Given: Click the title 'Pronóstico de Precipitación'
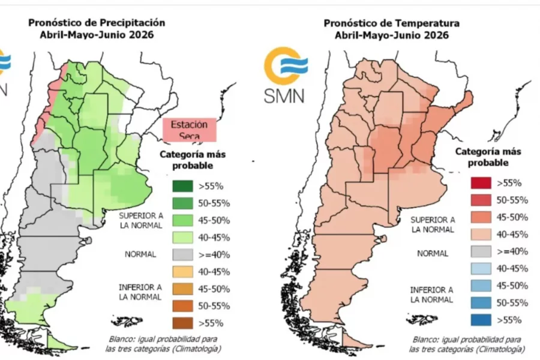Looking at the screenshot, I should pos(97,22).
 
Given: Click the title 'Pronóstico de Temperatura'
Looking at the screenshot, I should pos(392,23).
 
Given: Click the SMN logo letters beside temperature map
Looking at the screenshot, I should pos(284,95).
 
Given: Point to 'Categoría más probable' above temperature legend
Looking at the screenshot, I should pos(488,157).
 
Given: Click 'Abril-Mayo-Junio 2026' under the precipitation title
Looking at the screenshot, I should pos(97,35).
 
